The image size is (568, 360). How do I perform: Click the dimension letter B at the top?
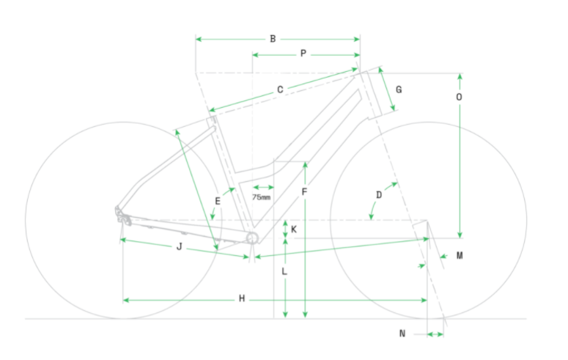(x=273, y=38)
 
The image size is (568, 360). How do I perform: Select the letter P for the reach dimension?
(x=303, y=54)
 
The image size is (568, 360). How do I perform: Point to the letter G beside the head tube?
(x=399, y=89)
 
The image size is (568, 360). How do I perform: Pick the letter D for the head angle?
(x=379, y=195)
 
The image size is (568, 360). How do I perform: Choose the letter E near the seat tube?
(x=218, y=200)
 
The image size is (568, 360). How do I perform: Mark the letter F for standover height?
(x=303, y=192)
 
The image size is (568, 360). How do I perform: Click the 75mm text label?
(x=261, y=197)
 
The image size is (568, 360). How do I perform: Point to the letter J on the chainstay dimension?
(x=179, y=247)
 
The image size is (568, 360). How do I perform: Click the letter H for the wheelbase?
(x=242, y=299)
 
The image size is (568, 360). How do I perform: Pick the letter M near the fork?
(x=460, y=255)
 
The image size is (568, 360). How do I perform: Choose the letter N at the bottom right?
(x=402, y=334)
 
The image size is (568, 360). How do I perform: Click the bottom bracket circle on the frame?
(x=252, y=238)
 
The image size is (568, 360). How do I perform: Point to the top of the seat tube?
(x=211, y=120)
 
